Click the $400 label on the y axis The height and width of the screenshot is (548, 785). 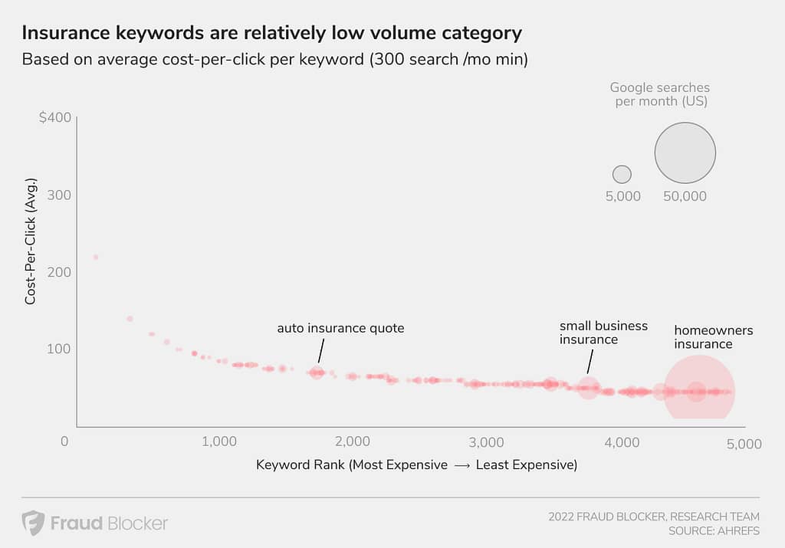pyautogui.click(x=54, y=118)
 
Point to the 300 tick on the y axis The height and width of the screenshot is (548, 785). pyautogui.click(x=59, y=195)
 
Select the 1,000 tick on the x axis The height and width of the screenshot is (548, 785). pyautogui.click(x=218, y=442)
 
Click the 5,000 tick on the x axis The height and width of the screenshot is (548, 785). pyautogui.click(x=744, y=442)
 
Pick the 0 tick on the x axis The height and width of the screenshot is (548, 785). pyautogui.click(x=65, y=442)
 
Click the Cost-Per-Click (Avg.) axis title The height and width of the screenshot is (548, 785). pyautogui.click(x=31, y=241)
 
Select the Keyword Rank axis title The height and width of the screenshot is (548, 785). pyautogui.click(x=416, y=464)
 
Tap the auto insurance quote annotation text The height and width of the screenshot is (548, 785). pyautogui.click(x=340, y=328)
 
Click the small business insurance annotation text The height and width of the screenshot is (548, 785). pyautogui.click(x=603, y=333)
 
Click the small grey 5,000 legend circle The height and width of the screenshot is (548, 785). pyautogui.click(x=622, y=174)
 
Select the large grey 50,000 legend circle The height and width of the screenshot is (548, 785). pyautogui.click(x=685, y=153)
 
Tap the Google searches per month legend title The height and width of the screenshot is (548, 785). pyautogui.click(x=660, y=94)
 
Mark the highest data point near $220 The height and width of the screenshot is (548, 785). pyautogui.click(x=96, y=257)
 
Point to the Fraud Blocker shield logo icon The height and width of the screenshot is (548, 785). pyautogui.click(x=33, y=523)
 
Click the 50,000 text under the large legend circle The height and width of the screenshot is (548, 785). pyautogui.click(x=685, y=196)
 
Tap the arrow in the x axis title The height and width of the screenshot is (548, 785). pyautogui.click(x=461, y=464)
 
